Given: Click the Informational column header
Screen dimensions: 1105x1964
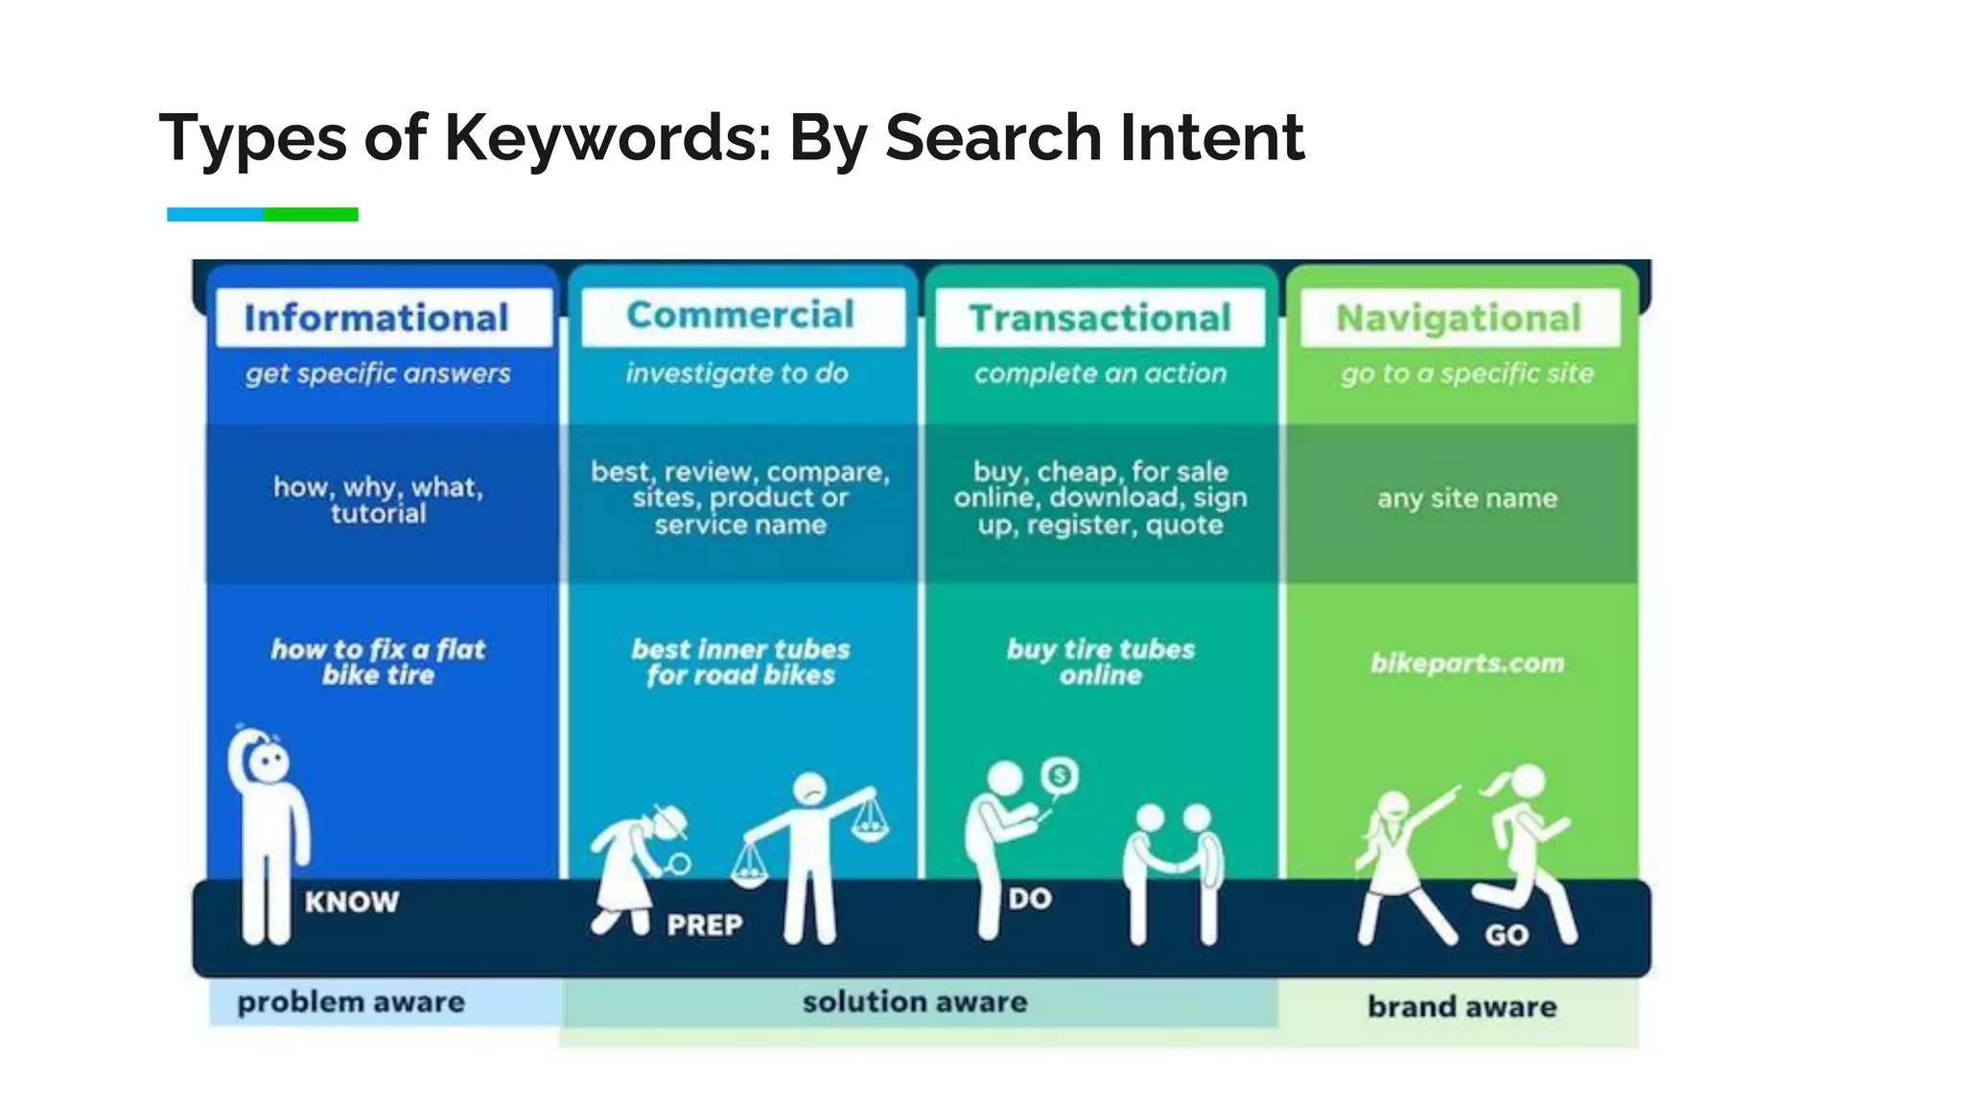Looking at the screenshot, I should pyautogui.click(x=376, y=318).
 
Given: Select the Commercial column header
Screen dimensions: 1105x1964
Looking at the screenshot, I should pyautogui.click(x=740, y=315).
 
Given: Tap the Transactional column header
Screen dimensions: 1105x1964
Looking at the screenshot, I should pyautogui.click(x=1100, y=318).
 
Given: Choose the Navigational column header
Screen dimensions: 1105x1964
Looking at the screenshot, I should pyautogui.click(x=1459, y=318).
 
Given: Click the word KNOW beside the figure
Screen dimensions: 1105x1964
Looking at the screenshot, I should pyautogui.click(x=351, y=902).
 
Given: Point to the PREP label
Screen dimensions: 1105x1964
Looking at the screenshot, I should pyautogui.click(x=705, y=925).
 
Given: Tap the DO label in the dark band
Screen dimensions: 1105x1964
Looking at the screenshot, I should pyautogui.click(x=1030, y=899).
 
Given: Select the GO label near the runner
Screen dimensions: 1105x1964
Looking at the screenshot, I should pyautogui.click(x=1507, y=935).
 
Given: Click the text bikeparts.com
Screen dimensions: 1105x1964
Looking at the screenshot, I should pyautogui.click(x=1467, y=663).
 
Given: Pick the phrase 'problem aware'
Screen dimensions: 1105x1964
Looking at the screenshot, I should pyautogui.click(x=351, y=1002).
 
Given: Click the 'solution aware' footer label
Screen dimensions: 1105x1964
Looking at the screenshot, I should pyautogui.click(x=915, y=1002).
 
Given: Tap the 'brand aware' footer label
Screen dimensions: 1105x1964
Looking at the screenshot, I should pyautogui.click(x=1462, y=1006).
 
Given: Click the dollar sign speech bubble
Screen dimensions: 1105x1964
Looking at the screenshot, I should pyautogui.click(x=1059, y=775).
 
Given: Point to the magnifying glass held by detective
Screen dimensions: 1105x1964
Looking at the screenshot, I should pyautogui.click(x=679, y=865).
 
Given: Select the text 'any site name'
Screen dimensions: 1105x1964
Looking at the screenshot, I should pyautogui.click(x=1467, y=499).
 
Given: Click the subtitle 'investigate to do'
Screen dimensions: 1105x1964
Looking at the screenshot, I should pyautogui.click(x=737, y=373).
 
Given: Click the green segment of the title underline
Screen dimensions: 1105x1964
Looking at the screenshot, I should pyautogui.click(x=311, y=215).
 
